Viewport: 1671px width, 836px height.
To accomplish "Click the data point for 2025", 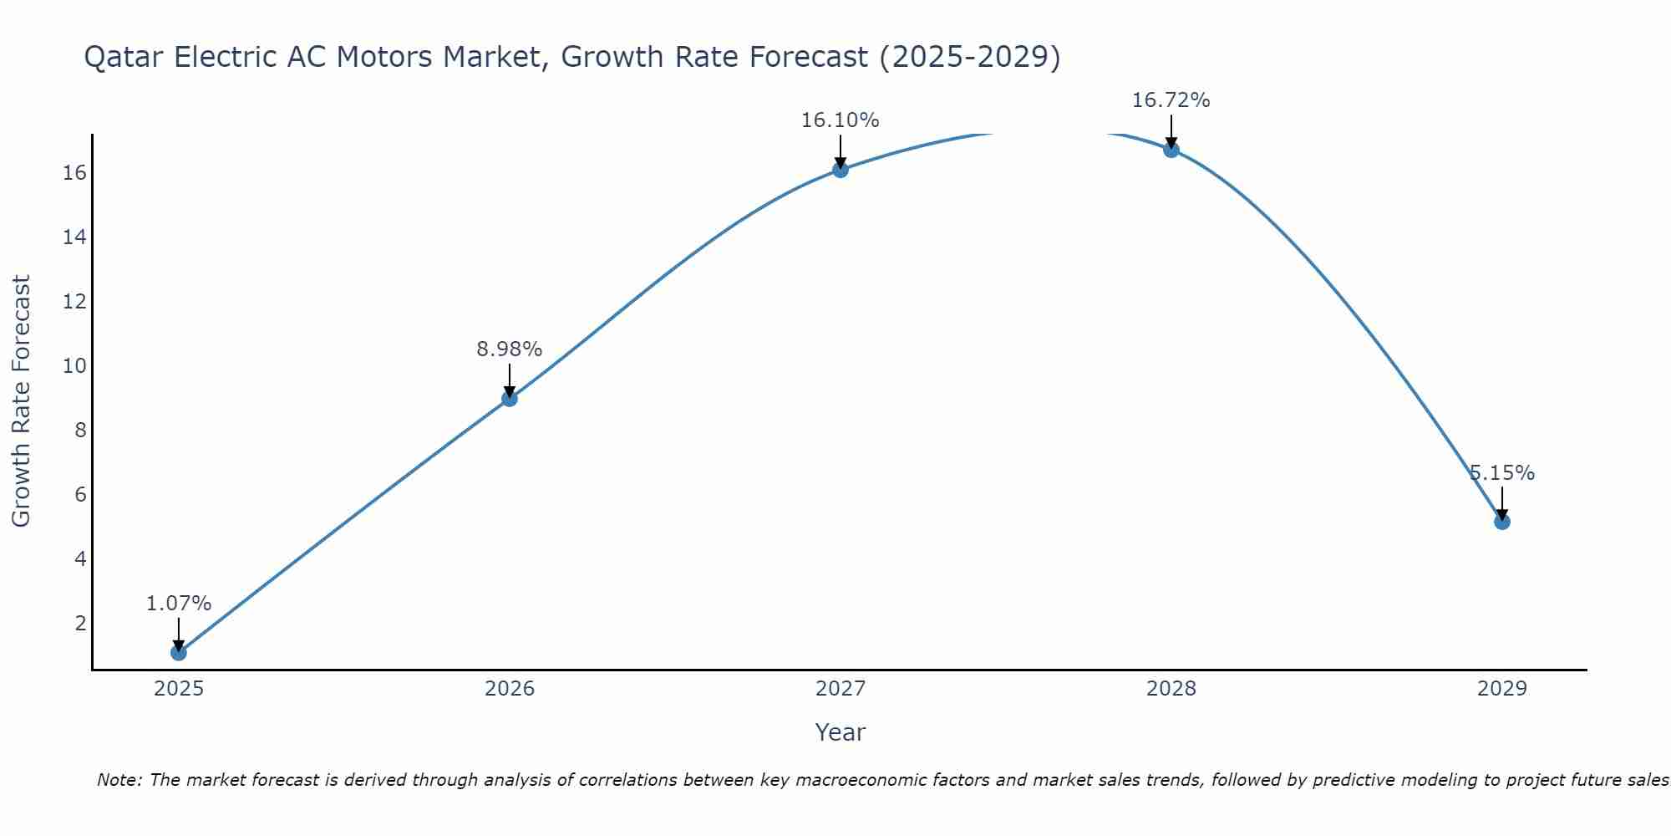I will [179, 652].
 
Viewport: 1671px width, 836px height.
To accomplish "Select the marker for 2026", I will [510, 399].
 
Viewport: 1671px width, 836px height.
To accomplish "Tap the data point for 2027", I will [841, 170].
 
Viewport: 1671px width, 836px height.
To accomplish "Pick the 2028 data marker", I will [1171, 150].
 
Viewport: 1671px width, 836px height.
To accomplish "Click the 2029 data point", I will [1502, 522].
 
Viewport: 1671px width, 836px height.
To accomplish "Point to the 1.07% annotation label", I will [179, 604].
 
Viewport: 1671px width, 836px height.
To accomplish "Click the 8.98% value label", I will [510, 349].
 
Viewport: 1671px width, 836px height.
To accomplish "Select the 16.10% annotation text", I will [841, 120].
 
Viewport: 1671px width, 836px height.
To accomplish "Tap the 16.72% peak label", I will [1171, 100].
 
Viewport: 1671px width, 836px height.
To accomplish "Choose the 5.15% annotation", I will [1502, 473].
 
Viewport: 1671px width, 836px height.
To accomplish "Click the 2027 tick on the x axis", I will [841, 689].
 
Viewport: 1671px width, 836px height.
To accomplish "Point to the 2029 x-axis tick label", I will [1502, 689].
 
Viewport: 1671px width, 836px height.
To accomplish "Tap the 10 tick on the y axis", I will [74, 366].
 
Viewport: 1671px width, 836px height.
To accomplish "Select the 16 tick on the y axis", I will [74, 173].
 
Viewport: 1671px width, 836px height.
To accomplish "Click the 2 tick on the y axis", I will [80, 624].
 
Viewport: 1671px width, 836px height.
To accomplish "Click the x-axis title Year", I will [841, 732].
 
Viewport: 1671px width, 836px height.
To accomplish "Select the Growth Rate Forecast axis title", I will [21, 401].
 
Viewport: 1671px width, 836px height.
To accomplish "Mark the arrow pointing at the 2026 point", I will [510, 380].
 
